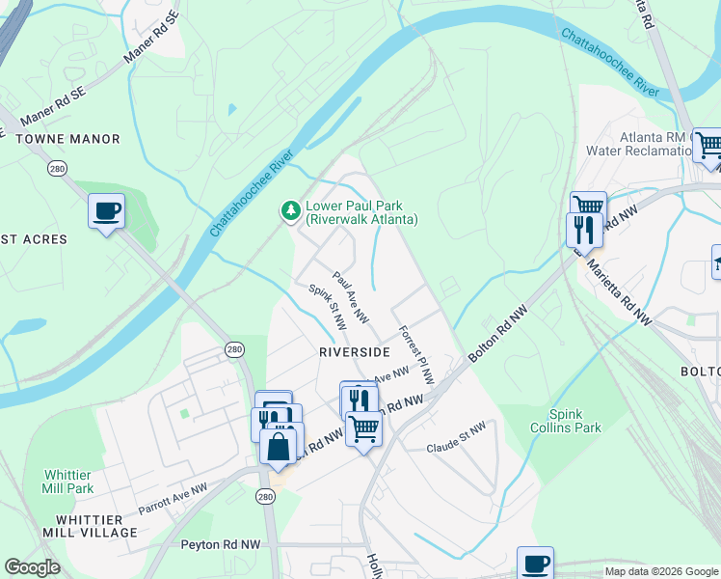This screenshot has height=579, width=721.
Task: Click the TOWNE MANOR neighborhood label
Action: [x=67, y=139]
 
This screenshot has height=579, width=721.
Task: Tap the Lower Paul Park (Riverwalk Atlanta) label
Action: [x=361, y=213]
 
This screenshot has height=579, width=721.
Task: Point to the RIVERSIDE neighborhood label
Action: [x=354, y=352]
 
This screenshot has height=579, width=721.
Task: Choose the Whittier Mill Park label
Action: [x=68, y=482]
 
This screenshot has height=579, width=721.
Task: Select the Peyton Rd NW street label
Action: [x=221, y=544]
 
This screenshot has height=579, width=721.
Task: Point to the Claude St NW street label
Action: [x=457, y=439]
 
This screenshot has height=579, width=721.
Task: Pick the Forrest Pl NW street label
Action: [x=416, y=354]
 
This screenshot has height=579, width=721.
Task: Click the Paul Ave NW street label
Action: [x=351, y=296]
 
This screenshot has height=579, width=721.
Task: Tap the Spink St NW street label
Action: [x=327, y=308]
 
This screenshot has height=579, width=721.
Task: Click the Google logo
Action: [x=32, y=567]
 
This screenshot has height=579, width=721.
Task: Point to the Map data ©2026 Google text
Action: [x=661, y=571]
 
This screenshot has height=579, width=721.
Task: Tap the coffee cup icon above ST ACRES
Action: [x=106, y=211]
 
